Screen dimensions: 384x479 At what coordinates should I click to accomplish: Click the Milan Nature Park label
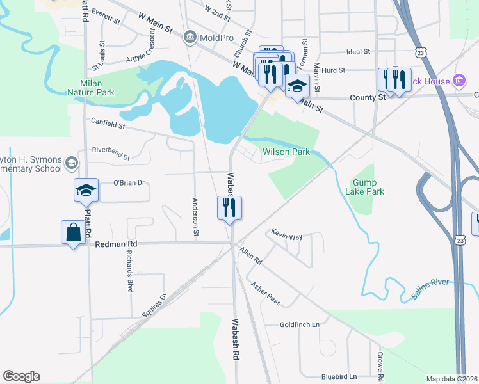coord(91,88)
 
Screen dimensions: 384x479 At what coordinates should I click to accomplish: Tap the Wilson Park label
coord(286,152)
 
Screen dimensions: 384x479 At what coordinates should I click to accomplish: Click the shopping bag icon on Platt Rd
coord(73,233)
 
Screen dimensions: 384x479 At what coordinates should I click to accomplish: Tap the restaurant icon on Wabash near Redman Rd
coord(229,208)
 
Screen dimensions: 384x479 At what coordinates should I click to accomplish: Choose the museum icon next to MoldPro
coord(190,36)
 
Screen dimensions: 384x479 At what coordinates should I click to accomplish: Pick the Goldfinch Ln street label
coord(299,325)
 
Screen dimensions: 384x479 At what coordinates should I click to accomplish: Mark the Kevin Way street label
coord(286,235)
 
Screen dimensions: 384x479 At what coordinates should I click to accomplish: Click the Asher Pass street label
coord(266,293)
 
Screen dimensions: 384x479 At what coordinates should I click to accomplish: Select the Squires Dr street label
coord(154,306)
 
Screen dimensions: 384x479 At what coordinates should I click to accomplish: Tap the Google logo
coord(21,376)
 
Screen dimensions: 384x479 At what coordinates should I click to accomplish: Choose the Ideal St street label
coord(358,51)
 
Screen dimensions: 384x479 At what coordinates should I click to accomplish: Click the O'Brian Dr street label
coord(130,182)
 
